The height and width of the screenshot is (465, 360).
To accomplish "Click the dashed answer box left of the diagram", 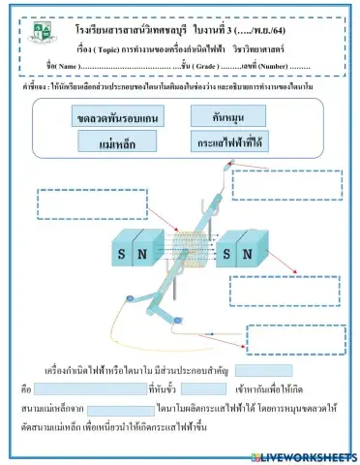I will [76, 202].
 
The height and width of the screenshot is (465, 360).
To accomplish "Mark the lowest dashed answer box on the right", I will [295, 339].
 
